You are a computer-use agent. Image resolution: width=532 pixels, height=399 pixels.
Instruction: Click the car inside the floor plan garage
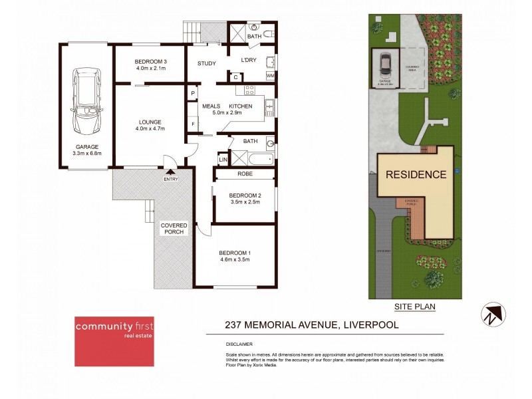(x=86, y=102)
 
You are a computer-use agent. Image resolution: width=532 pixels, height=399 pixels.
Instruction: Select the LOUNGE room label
(x=150, y=122)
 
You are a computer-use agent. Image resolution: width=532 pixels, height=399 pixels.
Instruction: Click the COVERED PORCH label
(x=174, y=229)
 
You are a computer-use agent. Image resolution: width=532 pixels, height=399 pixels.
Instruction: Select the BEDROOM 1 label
(x=235, y=253)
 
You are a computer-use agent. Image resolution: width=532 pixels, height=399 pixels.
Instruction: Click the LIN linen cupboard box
(x=223, y=160)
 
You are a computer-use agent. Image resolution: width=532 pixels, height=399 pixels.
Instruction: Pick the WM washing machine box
(x=270, y=76)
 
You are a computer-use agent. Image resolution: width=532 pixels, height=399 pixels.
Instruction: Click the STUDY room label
(x=207, y=64)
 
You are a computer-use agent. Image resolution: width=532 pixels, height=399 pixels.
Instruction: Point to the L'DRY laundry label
(x=249, y=61)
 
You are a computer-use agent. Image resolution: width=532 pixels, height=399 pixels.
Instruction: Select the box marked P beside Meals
(x=192, y=94)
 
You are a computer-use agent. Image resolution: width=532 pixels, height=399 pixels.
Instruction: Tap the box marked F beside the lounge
(x=192, y=124)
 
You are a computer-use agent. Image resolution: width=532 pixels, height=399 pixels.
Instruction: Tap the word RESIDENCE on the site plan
(x=416, y=175)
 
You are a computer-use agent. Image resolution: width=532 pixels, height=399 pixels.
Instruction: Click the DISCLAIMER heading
(x=239, y=344)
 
